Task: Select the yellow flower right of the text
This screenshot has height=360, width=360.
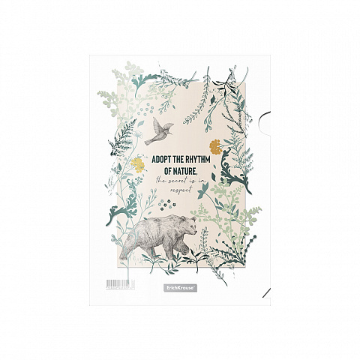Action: (215, 145)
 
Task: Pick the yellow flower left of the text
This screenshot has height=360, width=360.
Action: (138, 163)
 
